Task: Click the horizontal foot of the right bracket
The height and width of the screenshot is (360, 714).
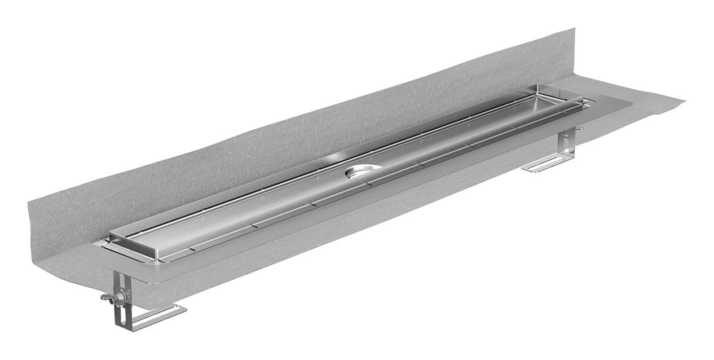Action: [544, 164]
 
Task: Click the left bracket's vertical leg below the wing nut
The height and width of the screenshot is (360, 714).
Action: [119, 316]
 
